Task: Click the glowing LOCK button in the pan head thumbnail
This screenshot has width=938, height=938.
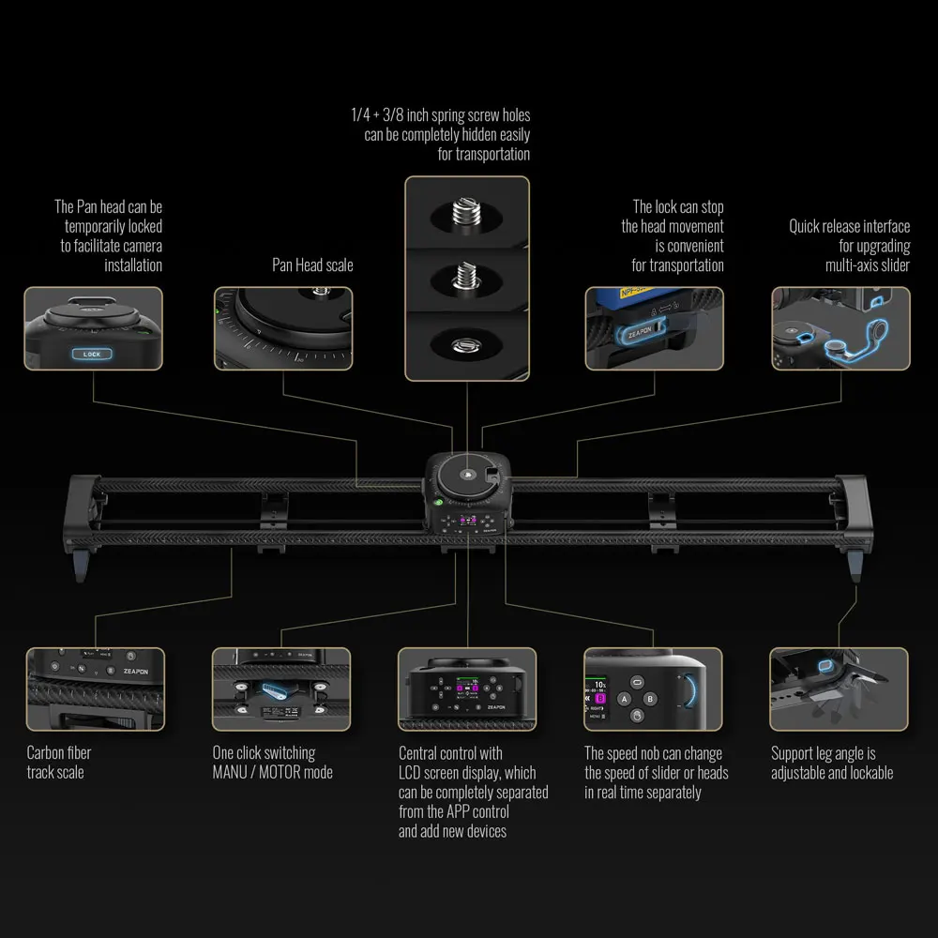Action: coord(92,354)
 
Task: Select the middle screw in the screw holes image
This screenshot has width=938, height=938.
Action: coord(466,278)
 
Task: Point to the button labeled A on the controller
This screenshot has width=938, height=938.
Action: coord(623,698)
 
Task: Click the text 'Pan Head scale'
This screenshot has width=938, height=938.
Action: coord(312,265)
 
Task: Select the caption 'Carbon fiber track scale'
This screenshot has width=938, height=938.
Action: coord(59,762)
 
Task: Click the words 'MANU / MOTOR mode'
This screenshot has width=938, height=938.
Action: coord(272,772)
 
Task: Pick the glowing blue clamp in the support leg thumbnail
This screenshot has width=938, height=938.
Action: coord(827,666)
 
